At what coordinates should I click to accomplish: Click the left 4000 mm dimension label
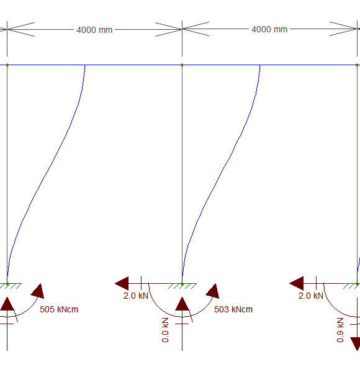94,30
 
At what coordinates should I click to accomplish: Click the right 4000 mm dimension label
269,29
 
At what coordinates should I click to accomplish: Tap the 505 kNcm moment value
59,309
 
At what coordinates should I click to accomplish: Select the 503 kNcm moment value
233,309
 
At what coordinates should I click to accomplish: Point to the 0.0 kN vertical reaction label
165,330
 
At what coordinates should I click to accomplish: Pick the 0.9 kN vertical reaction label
340,330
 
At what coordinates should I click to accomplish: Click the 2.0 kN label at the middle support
136,296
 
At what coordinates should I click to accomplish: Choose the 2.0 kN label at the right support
311,296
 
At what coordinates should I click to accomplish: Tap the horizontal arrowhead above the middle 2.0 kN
122,283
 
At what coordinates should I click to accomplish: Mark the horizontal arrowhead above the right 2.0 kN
297,283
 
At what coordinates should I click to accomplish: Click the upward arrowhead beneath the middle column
182,304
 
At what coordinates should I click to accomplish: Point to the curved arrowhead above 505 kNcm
38,291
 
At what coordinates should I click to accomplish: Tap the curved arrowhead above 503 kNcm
213,291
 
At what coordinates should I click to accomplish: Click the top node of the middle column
182,65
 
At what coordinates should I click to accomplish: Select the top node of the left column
7,65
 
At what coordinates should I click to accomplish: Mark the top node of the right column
357,65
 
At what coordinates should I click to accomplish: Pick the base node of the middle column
182,284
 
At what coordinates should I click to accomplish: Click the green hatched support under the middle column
182,286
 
